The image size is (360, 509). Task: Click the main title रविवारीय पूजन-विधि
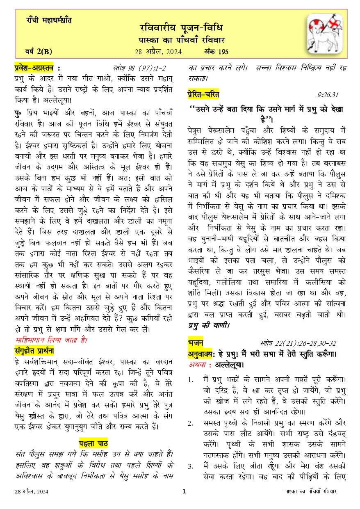pos(181,28)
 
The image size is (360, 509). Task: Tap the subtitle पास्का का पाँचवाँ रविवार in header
pos(181,40)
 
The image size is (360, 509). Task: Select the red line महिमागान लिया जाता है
pos(51,340)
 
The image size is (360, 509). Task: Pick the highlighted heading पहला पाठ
pos(93,444)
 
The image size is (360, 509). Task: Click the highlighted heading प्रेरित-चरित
pos(203,94)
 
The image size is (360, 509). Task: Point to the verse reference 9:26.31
pos(328,95)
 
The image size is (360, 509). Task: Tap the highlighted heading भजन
pos(195,342)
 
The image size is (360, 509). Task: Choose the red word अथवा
pos(198,365)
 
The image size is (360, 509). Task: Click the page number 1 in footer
pos(184,491)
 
